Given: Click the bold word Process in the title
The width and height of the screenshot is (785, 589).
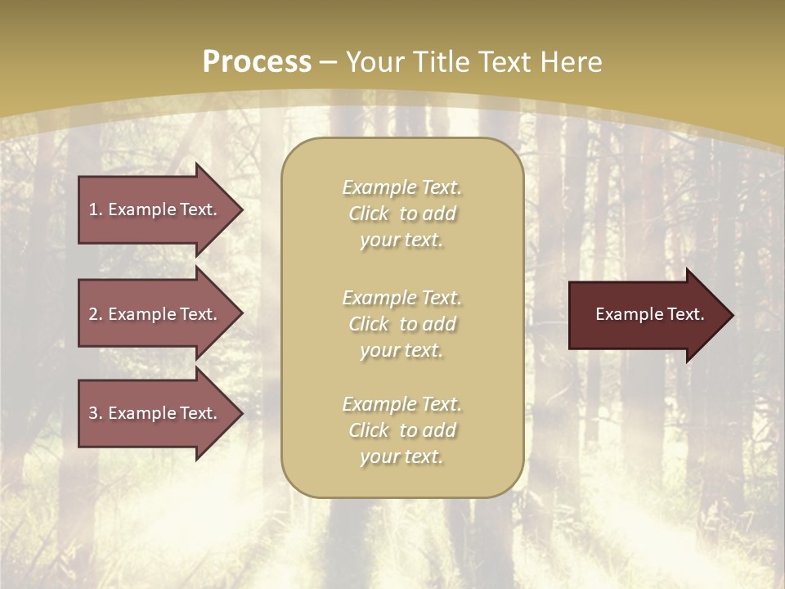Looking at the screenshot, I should pos(257,62).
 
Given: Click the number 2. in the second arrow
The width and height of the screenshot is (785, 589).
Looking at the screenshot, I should pos(96,314).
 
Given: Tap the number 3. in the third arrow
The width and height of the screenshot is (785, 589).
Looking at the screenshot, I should pos(96,413).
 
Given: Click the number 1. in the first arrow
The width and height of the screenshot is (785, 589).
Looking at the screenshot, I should pos(96,209).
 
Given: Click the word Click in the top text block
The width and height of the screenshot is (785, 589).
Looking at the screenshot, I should pos(369,214).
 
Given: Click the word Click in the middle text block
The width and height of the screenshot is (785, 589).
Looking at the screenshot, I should pos(369,324).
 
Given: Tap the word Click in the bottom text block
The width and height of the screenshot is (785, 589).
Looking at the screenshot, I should pos(369,430).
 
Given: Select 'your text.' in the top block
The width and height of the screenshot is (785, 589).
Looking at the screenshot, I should pos(401,241).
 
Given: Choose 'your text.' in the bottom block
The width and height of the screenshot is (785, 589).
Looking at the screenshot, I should pos(401,456).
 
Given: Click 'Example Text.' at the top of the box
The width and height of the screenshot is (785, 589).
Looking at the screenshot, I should pos(401,187).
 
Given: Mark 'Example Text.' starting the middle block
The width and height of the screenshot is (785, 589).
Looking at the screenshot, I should pos(401,298).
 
